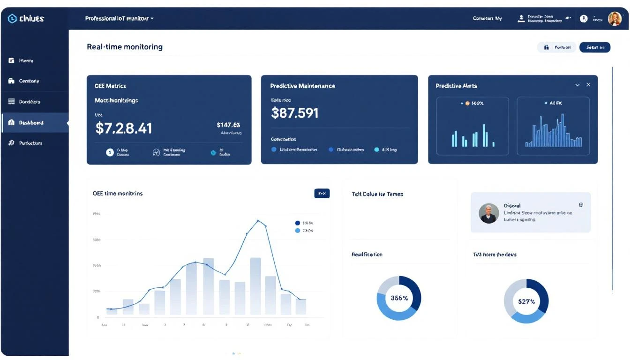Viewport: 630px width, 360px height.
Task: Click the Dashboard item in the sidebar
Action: click(31, 123)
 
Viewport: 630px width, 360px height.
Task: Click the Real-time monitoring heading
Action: click(125, 47)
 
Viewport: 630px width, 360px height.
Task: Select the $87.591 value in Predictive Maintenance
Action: click(295, 113)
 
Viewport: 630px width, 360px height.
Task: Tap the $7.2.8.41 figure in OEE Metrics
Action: click(124, 128)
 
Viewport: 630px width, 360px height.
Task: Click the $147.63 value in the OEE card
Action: click(228, 125)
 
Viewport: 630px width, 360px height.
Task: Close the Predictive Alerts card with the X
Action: click(588, 85)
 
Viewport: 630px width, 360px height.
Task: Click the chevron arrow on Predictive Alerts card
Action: click(577, 85)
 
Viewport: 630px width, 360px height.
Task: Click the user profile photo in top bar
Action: click(615, 19)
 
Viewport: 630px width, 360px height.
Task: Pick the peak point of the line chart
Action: click(258, 220)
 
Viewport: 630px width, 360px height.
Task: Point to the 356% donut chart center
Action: click(399, 298)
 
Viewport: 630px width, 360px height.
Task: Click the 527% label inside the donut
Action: click(526, 301)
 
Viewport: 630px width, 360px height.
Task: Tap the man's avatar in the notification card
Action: click(488, 213)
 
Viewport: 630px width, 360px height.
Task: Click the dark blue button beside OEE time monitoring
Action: click(322, 193)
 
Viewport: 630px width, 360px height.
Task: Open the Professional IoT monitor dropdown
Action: click(119, 19)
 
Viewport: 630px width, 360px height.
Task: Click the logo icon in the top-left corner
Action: click(12, 19)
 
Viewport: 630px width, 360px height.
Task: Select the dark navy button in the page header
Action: click(594, 47)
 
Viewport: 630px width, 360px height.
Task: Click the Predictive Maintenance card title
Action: click(302, 86)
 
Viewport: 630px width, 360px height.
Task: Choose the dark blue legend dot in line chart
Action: click(297, 223)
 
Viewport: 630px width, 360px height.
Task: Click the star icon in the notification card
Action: click(581, 205)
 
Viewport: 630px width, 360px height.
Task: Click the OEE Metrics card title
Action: click(110, 86)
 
